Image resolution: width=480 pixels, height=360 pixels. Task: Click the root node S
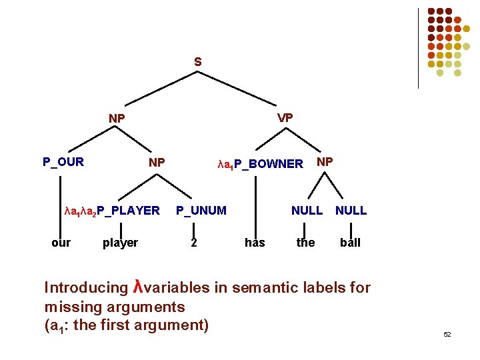(197, 62)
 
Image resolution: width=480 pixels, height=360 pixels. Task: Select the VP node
(285, 117)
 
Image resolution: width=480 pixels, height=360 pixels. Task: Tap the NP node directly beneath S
(117, 119)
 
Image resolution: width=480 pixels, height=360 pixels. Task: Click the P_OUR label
(63, 161)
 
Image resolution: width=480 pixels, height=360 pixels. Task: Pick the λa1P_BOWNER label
(261, 164)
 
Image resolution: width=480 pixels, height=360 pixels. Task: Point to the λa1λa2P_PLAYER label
(112, 211)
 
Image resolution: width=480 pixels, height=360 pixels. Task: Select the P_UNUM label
(201, 211)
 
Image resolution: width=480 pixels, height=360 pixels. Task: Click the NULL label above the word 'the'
(307, 211)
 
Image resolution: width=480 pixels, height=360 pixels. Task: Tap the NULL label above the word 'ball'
(351, 211)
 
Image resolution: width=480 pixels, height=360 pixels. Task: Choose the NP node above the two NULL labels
(325, 161)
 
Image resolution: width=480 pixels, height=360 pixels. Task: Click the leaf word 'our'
(61, 242)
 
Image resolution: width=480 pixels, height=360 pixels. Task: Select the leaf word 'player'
(120, 242)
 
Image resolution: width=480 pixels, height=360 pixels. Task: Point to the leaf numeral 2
(193, 242)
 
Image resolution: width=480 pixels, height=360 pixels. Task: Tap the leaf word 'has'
(255, 242)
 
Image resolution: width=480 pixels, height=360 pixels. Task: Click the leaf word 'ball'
(350, 242)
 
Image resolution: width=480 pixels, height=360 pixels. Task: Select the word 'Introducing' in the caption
(85, 288)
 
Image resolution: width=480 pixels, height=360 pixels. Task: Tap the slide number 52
(447, 334)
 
